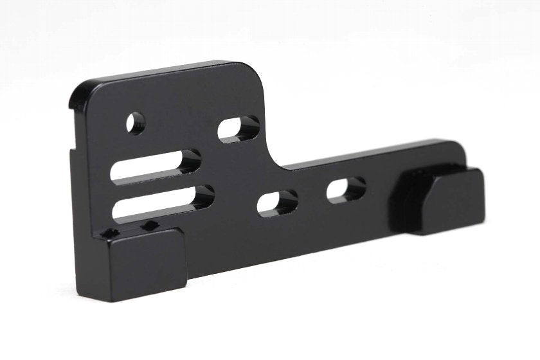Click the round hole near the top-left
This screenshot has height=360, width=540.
click(x=135, y=122)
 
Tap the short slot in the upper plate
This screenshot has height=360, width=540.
click(x=238, y=129)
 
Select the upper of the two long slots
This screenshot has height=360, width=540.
click(x=157, y=164)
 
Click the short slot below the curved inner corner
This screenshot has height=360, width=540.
click(x=277, y=204)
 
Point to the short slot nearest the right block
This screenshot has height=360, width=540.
click(x=346, y=189)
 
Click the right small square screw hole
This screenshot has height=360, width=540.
click(x=150, y=225)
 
